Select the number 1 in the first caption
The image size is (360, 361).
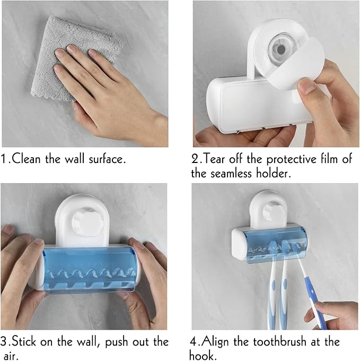tap(5, 159)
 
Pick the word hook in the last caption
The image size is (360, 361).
tap(205, 355)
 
